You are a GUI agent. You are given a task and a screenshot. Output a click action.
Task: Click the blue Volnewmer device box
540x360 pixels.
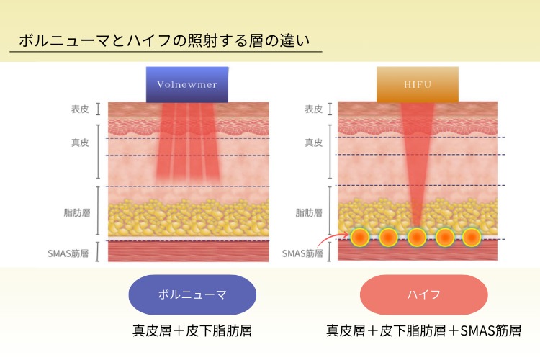(x=187, y=84)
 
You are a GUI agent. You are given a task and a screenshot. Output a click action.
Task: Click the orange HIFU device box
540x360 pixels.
(x=418, y=84)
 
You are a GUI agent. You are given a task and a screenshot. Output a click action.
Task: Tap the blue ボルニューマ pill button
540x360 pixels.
(x=192, y=294)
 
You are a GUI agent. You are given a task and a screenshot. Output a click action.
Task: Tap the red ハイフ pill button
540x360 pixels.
(x=423, y=294)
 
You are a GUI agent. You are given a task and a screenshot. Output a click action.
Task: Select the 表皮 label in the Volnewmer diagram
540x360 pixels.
(x=80, y=109)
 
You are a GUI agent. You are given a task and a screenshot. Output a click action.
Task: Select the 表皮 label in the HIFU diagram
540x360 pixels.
(x=313, y=109)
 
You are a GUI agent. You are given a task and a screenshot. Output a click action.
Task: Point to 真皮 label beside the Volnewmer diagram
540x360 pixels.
(x=80, y=143)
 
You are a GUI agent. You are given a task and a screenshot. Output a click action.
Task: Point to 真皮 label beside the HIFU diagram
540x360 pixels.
(x=313, y=143)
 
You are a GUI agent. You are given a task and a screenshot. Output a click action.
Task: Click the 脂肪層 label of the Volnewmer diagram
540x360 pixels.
(x=77, y=212)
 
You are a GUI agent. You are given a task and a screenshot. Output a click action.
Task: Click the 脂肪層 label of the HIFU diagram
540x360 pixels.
(x=309, y=212)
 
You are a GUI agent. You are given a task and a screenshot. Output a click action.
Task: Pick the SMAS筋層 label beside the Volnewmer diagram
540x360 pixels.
(x=68, y=253)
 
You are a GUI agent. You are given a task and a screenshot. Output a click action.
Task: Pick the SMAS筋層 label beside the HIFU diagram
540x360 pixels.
(x=302, y=253)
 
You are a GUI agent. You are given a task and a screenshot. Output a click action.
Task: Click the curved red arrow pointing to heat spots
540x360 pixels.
(x=331, y=238)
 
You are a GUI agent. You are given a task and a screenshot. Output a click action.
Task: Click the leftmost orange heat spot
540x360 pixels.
(x=360, y=237)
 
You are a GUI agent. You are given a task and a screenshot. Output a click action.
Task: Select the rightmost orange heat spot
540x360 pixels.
(x=472, y=237)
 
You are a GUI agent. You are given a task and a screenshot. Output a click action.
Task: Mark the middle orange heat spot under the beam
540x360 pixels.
(x=417, y=237)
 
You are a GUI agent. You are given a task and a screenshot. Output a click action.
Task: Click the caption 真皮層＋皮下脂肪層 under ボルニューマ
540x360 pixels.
(x=192, y=330)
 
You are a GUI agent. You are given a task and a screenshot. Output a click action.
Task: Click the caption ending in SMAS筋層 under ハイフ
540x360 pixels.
(x=423, y=330)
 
